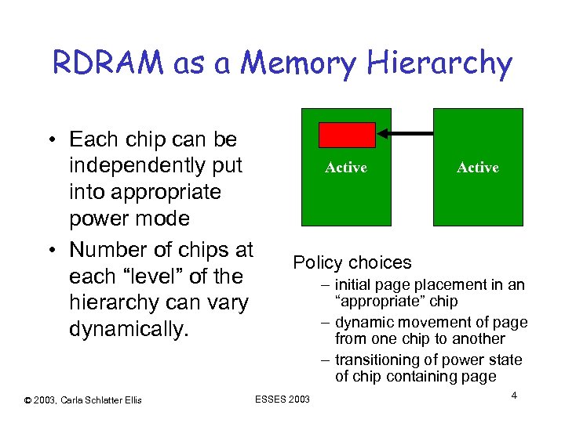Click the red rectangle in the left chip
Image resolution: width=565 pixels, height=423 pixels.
(346, 135)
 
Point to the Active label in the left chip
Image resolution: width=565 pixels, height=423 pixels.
(346, 168)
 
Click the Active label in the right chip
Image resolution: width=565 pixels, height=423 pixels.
(478, 168)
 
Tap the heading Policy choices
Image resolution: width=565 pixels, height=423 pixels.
(352, 262)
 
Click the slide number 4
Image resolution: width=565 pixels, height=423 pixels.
(513, 396)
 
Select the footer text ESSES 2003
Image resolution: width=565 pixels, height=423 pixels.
(282, 400)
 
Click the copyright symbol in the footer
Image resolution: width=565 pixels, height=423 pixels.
(27, 400)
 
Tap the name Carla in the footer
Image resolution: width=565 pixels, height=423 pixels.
(70, 400)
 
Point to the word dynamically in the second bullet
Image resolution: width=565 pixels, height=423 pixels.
(128, 329)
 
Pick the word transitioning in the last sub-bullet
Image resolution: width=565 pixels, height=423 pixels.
(375, 360)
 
